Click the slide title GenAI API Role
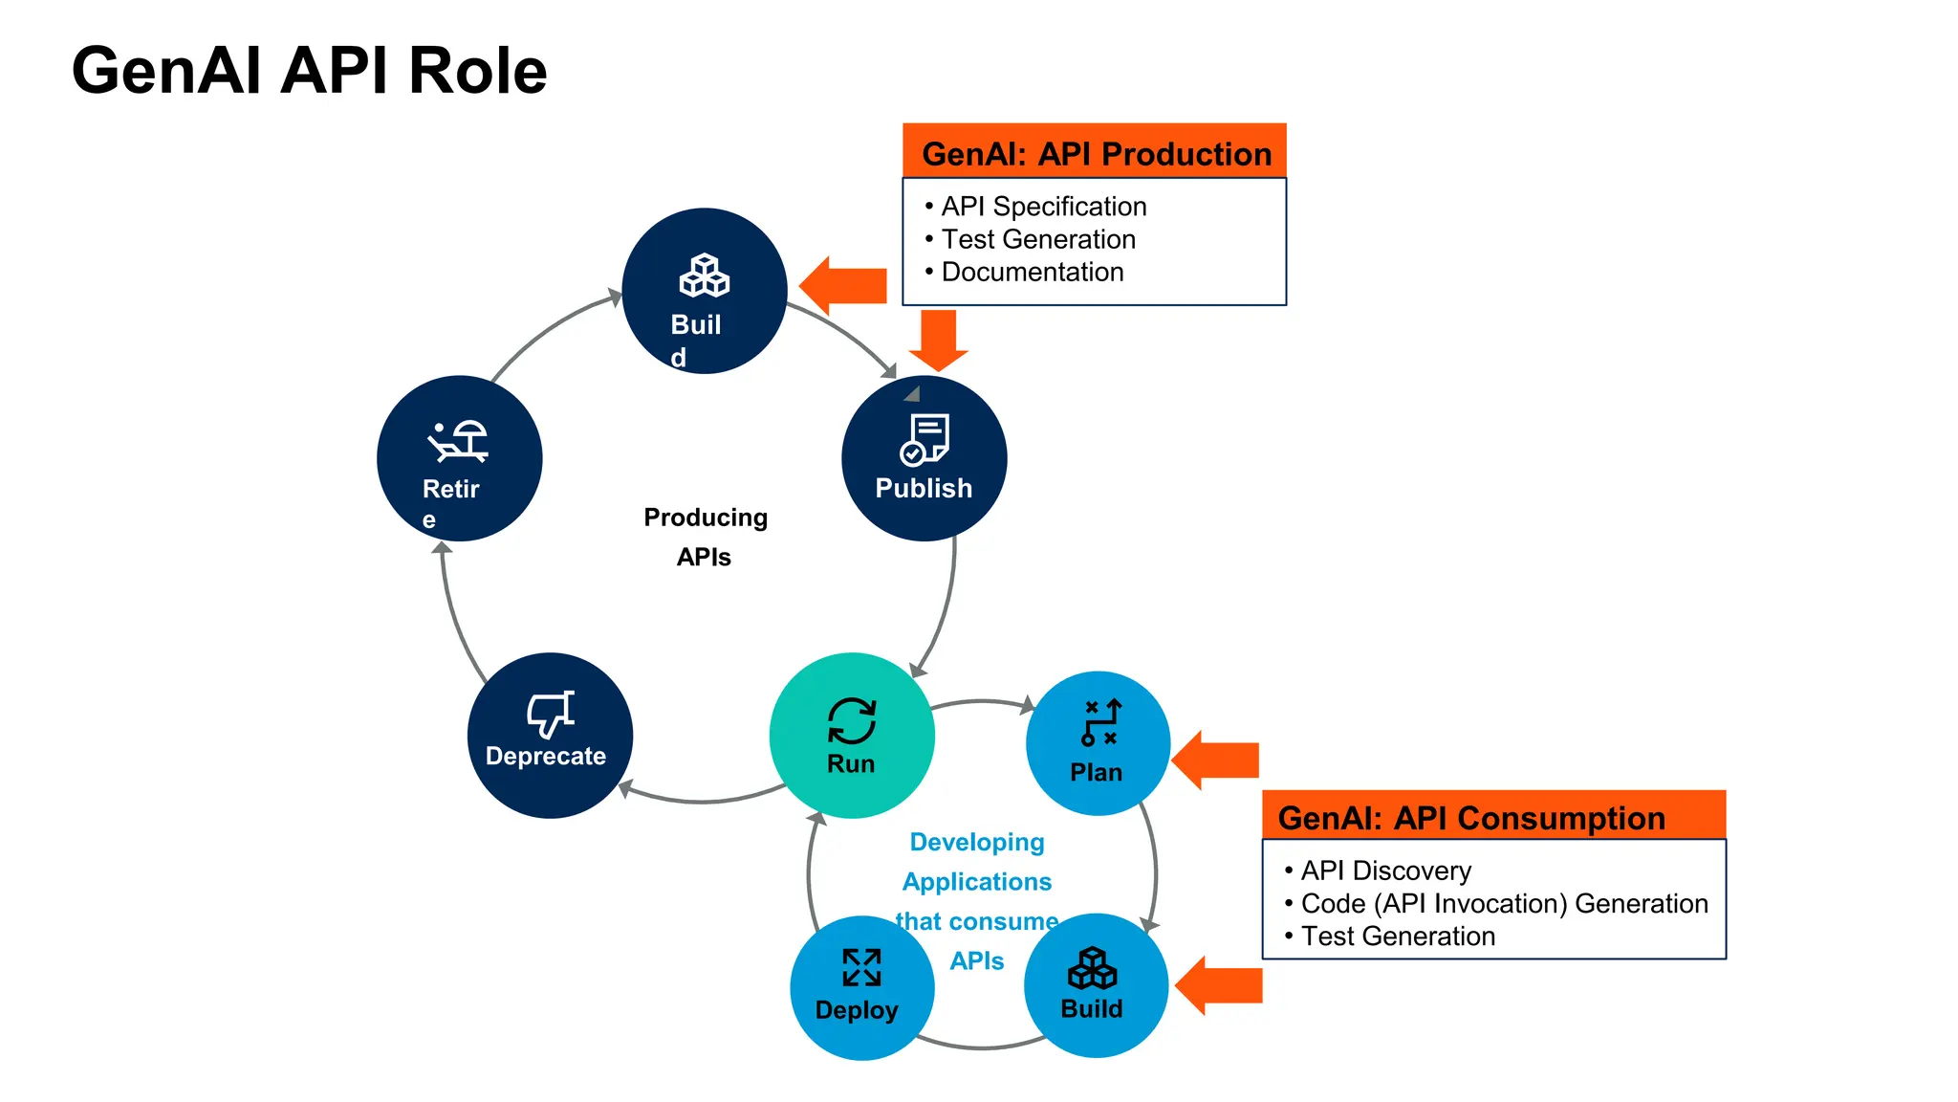point(309,71)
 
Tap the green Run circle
point(851,736)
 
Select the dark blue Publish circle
point(924,458)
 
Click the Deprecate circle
point(550,736)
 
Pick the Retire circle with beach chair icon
point(459,458)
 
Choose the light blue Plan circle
point(1098,743)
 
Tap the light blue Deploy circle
point(861,988)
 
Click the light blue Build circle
point(1096,985)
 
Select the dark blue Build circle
point(705,291)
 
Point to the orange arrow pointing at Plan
point(1215,760)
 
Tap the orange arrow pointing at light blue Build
point(1219,985)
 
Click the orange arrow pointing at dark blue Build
point(843,285)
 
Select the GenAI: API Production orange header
point(1095,152)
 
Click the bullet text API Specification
point(1043,207)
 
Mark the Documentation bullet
point(1032,272)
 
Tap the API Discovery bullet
point(1385,871)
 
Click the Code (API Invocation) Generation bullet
point(1504,903)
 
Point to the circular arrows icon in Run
point(851,720)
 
